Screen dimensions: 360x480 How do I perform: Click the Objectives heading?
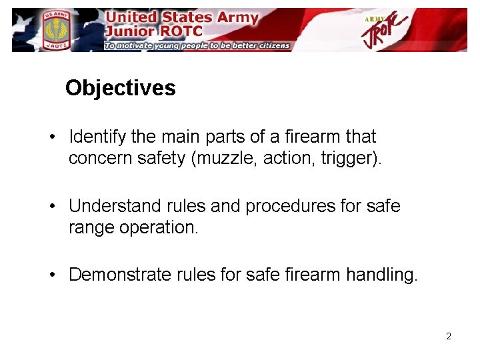click(x=120, y=88)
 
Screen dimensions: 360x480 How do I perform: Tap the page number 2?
click(x=449, y=336)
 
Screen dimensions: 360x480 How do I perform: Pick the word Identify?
click(x=97, y=137)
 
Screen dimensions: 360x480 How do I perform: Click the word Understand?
click(x=110, y=206)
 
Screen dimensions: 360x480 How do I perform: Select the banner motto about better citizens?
click(x=197, y=45)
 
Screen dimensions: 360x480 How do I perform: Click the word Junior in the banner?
click(x=131, y=30)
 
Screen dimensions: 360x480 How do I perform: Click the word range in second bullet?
click(x=90, y=228)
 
